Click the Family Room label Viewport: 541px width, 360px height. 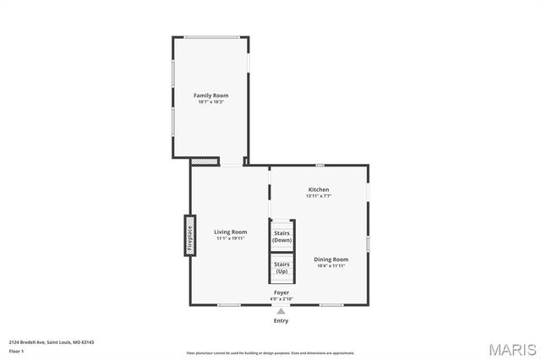[x=211, y=95]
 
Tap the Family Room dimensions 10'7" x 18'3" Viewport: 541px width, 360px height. [x=211, y=102]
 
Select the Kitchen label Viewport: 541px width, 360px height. [x=319, y=189]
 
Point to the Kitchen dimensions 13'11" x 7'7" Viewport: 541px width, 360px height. [x=319, y=196]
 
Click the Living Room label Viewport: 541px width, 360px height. [x=230, y=232]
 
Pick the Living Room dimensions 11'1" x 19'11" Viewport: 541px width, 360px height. [x=230, y=238]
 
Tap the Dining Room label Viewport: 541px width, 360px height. [x=331, y=259]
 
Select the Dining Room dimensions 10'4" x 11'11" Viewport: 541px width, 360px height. [x=331, y=265]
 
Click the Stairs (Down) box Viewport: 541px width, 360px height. [x=281, y=236]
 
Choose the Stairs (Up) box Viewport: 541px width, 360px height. [x=281, y=268]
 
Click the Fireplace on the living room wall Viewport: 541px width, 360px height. [x=190, y=236]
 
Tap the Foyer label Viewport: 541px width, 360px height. [x=281, y=292]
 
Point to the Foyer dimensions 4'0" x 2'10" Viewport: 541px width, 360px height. [x=281, y=299]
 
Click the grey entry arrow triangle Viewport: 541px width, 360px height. [x=281, y=311]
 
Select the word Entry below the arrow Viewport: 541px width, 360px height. [x=281, y=321]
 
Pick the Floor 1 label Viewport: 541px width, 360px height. [x=17, y=351]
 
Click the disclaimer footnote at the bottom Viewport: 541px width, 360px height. [x=270, y=353]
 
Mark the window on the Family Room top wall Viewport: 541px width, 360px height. [x=211, y=37]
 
